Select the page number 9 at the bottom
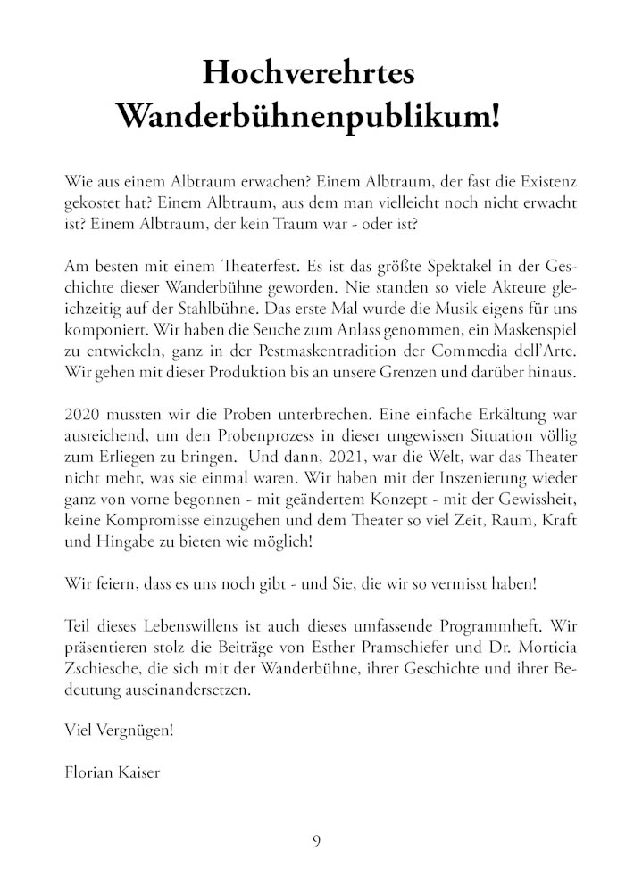[316, 840]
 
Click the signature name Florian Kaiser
[113, 772]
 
